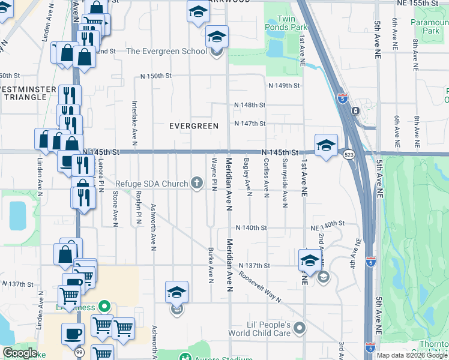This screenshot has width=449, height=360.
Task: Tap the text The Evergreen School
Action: click(166, 51)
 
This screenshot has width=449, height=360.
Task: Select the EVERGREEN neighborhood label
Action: click(193, 125)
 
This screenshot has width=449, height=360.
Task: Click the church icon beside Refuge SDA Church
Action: click(197, 183)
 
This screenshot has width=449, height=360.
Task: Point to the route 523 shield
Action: click(348, 155)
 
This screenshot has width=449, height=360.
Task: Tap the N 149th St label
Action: click(284, 86)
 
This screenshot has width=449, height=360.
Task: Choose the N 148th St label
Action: click(250, 105)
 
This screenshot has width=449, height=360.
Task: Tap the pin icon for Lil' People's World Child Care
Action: click(300, 328)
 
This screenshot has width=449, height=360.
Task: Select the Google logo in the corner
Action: click(20, 353)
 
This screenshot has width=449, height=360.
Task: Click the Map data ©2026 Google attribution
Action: click(411, 355)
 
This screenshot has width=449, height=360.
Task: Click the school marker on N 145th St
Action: click(326, 146)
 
